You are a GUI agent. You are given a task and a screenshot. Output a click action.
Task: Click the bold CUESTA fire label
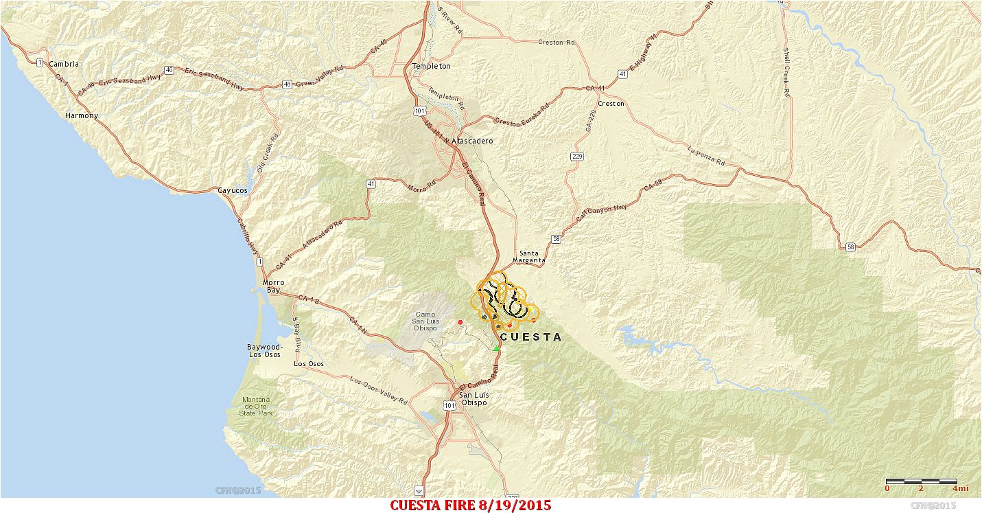530,337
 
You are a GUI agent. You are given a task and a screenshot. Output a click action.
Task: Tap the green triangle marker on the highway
496,348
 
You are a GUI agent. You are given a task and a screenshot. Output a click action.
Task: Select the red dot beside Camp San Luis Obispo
460,322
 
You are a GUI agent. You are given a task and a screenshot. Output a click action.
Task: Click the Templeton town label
431,66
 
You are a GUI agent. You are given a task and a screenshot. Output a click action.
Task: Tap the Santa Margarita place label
533,256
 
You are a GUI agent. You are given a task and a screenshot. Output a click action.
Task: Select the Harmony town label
82,115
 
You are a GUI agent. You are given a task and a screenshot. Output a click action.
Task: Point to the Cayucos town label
232,190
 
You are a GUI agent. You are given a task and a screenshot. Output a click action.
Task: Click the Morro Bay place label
274,286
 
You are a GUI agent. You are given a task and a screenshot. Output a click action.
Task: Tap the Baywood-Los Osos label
264,350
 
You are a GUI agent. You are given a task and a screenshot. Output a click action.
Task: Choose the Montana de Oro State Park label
255,406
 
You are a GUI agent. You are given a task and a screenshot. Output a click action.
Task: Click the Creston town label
611,104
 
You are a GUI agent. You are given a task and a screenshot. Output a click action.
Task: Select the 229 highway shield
576,157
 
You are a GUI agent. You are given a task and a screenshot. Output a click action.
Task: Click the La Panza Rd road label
706,157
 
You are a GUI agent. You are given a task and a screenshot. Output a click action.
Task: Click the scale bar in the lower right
921,481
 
